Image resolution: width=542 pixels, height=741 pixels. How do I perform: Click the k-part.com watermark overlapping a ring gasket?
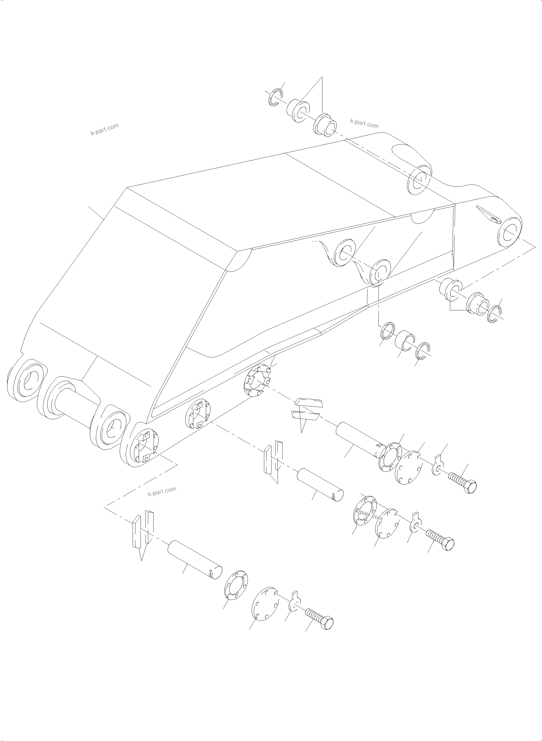(x=369, y=517)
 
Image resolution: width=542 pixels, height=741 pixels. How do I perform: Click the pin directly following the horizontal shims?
(x=358, y=440)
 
